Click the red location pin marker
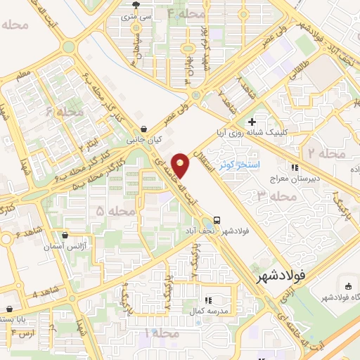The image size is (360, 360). click(x=181, y=165)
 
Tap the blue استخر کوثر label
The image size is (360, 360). click(x=239, y=165)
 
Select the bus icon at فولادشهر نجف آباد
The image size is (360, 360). click(x=217, y=219)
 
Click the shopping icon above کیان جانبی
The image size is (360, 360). click(x=144, y=129)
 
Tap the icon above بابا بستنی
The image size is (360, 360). click(x=9, y=309)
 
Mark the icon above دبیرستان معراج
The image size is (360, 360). click(x=295, y=167)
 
